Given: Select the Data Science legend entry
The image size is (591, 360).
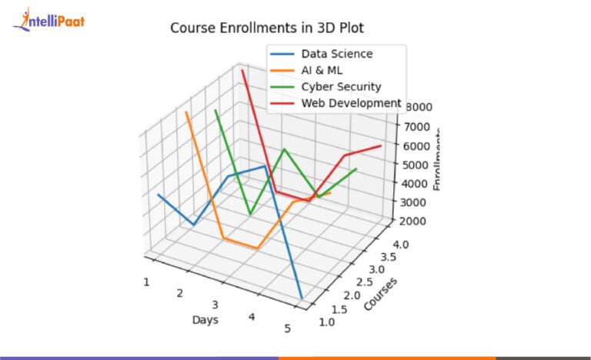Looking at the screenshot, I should click(x=337, y=54).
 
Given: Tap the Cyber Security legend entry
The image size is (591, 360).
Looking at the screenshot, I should click(x=341, y=86).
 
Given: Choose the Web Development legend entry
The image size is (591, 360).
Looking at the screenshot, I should click(x=351, y=102).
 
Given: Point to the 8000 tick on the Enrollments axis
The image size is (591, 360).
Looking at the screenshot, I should click(x=414, y=108).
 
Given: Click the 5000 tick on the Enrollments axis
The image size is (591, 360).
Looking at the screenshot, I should click(x=414, y=165).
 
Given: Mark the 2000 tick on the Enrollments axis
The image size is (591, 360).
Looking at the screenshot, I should click(x=414, y=221).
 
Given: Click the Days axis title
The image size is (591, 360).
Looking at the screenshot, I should click(x=205, y=319).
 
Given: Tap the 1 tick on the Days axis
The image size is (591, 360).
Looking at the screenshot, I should click(x=145, y=282).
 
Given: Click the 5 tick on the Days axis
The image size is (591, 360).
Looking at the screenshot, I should click(x=288, y=329).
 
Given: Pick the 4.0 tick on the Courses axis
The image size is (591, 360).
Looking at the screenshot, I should click(x=398, y=244).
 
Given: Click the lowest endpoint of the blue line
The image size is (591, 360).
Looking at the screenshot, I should click(x=302, y=298).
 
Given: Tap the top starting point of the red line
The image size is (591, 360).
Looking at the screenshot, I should click(x=242, y=70).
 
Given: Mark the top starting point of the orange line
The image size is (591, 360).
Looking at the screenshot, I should click(x=186, y=112).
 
